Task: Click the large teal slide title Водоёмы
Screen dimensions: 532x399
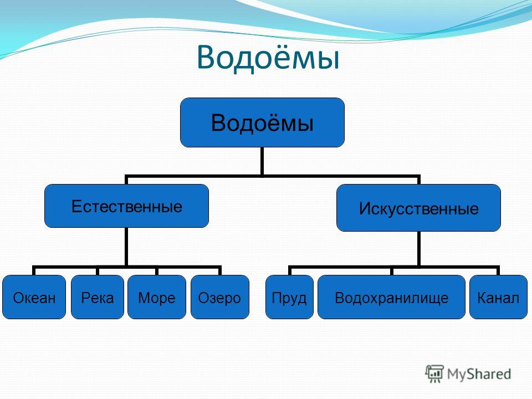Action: tap(268, 58)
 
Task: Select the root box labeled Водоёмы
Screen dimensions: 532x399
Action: tap(262, 122)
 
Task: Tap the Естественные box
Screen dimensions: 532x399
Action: tap(126, 206)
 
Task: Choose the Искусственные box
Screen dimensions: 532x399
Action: tap(419, 208)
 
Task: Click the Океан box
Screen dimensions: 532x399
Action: tap(34, 297)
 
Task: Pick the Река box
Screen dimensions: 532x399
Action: tap(98, 297)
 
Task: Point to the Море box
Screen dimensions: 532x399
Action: tap(157, 297)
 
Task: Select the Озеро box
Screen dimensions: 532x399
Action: tap(220, 297)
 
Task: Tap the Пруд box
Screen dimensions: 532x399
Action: tap(289, 297)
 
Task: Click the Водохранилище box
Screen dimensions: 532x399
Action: tap(392, 297)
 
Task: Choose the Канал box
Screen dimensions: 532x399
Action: tap(498, 297)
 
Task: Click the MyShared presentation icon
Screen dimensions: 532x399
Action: tap(434, 374)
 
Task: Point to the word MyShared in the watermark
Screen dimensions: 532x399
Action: tap(479, 374)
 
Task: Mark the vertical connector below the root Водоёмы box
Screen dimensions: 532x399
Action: tap(262, 161)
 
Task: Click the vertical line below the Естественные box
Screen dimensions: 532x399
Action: tap(126, 247)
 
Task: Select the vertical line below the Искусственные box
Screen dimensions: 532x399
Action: tap(419, 249)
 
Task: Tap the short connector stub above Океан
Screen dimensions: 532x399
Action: tap(34, 270)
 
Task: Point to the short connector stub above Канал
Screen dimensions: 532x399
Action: tap(498, 270)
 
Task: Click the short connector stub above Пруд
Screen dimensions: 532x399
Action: tap(290, 270)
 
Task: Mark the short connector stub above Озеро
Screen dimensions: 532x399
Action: tap(220, 270)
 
